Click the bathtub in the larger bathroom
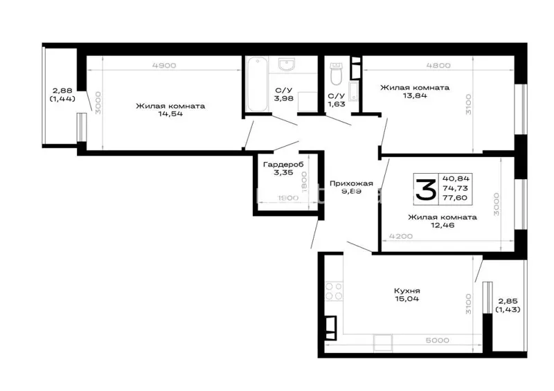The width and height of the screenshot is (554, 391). pos(257,84)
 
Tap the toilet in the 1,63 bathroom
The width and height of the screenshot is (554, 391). pos(336,74)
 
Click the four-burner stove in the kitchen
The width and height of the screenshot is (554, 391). pos(334,291)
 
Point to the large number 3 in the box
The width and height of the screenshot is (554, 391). pos(425,190)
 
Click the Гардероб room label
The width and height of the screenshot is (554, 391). pos(283,165)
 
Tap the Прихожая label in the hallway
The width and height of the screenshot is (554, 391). pos(351,183)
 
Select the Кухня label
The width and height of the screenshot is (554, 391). pos(407,291)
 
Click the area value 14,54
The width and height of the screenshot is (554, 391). pos(170,114)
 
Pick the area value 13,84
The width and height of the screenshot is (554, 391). pos(415,96)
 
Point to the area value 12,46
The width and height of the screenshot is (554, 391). pos(443,226)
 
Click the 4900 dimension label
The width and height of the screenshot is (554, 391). pos(164,65)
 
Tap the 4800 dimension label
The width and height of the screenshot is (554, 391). pos(438,65)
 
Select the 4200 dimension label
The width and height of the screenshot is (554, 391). pos(401,236)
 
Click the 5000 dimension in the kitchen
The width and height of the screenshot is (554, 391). pos(438,340)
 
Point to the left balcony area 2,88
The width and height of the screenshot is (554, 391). pos(62,91)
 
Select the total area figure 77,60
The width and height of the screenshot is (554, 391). pos(457,198)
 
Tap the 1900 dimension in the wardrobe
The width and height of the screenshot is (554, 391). pos(288,198)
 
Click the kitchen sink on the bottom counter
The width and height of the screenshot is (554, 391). pos(383,343)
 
